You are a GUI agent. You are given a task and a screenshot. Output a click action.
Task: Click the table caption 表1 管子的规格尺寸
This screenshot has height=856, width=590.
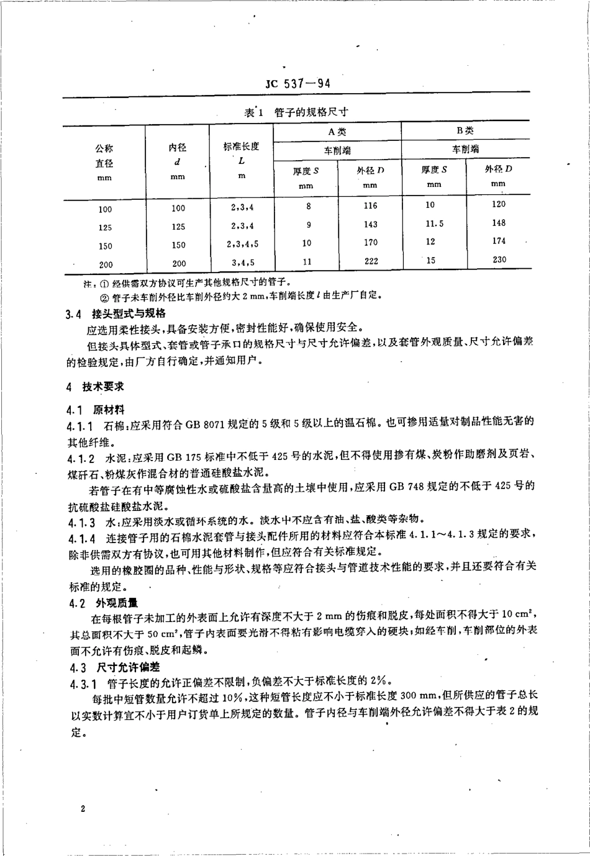point(297,112)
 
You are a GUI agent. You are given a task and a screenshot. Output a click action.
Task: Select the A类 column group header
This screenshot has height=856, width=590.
point(337,132)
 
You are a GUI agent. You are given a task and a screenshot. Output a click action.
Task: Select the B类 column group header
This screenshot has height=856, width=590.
point(465,131)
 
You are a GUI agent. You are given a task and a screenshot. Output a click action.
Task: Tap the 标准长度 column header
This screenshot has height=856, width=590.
point(241,147)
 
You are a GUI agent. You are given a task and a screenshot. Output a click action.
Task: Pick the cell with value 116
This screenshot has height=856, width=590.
point(371,205)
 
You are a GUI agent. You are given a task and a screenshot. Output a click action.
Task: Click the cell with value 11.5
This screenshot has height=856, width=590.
point(433,223)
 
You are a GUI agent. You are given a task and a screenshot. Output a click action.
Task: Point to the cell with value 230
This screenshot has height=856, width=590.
point(499,260)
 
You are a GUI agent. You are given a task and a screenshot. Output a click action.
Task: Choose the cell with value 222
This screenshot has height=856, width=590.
point(371,261)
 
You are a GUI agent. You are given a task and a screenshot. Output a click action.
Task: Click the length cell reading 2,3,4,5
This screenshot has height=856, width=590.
point(242,243)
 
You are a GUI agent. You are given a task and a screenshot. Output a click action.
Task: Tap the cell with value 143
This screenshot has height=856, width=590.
point(371,224)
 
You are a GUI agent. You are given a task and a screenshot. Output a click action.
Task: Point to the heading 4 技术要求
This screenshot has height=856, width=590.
point(96,387)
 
